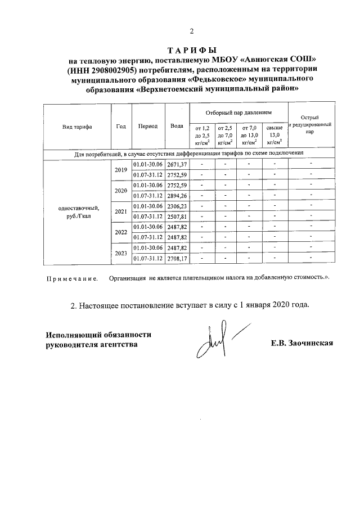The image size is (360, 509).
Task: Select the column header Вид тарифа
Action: pyautogui.click(x=77, y=127)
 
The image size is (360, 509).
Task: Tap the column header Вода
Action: pyautogui.click(x=177, y=127)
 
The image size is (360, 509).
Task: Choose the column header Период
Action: pyautogui.click(x=147, y=127)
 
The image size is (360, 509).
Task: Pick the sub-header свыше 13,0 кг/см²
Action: pyautogui.click(x=274, y=136)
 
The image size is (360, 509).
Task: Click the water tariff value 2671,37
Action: pyautogui.click(x=177, y=164)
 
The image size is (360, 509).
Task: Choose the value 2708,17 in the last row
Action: pyautogui.click(x=177, y=259)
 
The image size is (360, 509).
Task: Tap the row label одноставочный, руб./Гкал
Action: pyautogui.click(x=78, y=211)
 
